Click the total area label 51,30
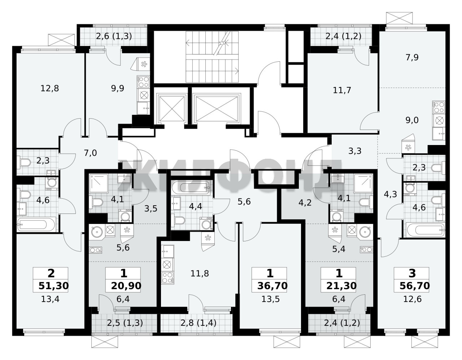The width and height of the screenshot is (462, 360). (53, 286)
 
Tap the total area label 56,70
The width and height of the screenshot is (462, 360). (415, 286)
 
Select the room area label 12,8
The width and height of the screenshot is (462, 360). (49, 88)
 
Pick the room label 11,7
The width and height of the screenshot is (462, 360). (342, 90)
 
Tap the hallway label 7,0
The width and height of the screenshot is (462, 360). (90, 153)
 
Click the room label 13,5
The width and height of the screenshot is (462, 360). (270, 299)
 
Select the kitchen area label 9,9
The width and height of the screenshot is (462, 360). (118, 88)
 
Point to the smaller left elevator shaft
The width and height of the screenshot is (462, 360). (172, 109)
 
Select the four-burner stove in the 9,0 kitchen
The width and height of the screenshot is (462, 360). (439, 107)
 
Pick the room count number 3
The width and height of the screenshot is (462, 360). (412, 273)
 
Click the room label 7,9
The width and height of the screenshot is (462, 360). (412, 57)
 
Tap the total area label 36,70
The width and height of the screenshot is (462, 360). (273, 286)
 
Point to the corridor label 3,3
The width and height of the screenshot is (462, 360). (355, 151)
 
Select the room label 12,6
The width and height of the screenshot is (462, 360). (413, 299)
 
